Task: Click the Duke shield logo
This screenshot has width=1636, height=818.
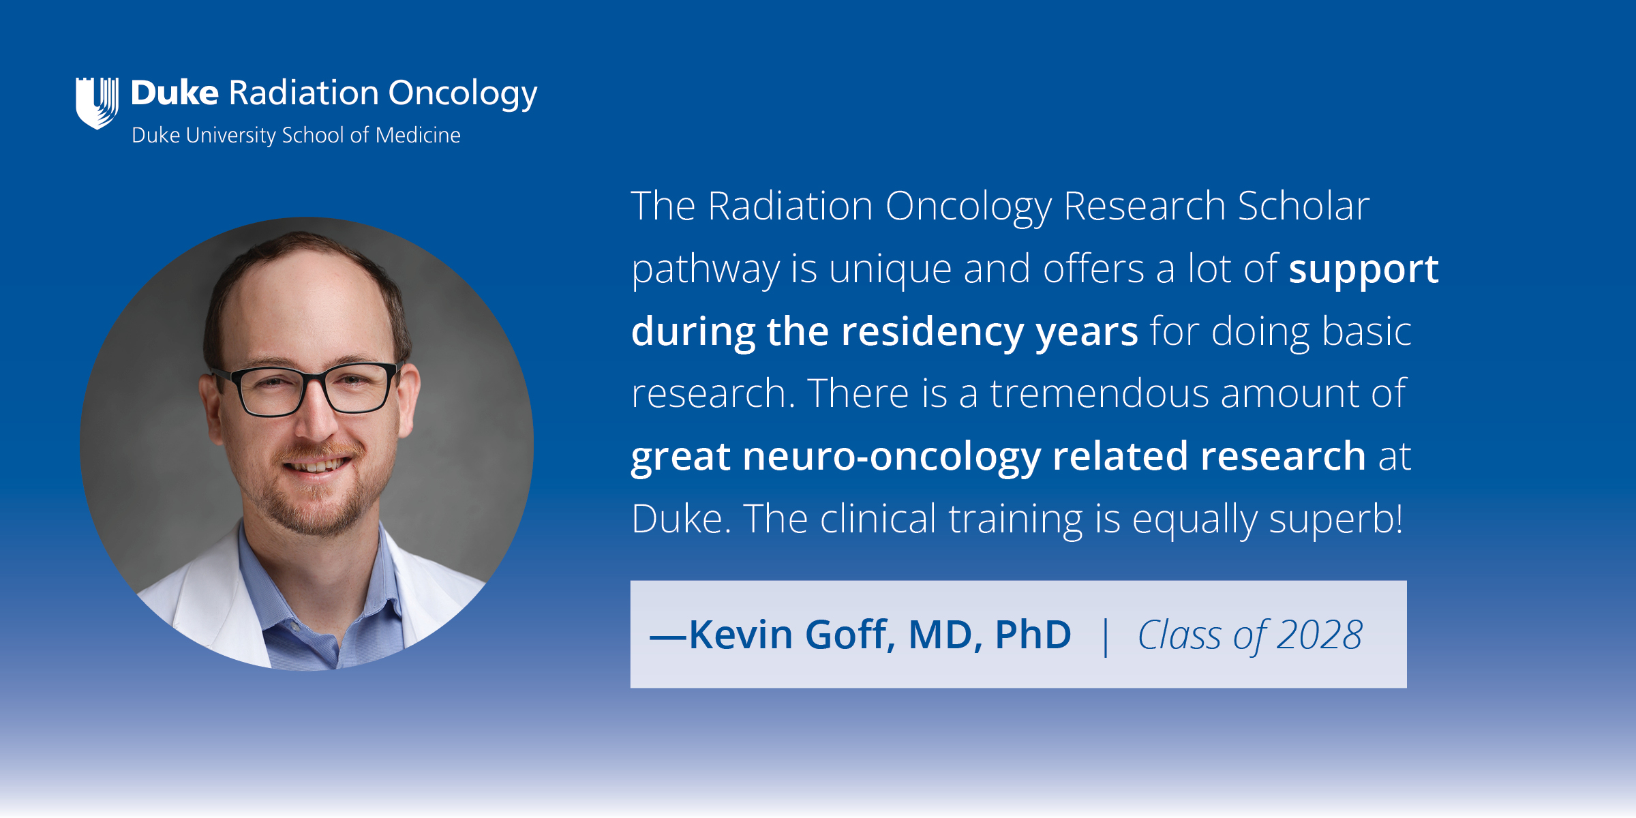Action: click(x=97, y=103)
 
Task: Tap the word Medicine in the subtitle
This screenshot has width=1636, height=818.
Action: click(x=418, y=135)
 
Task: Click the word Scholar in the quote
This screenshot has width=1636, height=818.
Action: click(x=1303, y=205)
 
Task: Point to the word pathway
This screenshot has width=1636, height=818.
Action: click(x=706, y=269)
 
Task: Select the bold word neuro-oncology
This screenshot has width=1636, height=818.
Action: click(x=892, y=456)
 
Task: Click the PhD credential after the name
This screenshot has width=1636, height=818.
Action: click(x=1033, y=635)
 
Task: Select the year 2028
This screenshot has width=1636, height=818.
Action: click(x=1320, y=635)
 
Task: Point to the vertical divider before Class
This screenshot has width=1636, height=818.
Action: click(x=1106, y=636)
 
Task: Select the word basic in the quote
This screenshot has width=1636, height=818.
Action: click(x=1366, y=331)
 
